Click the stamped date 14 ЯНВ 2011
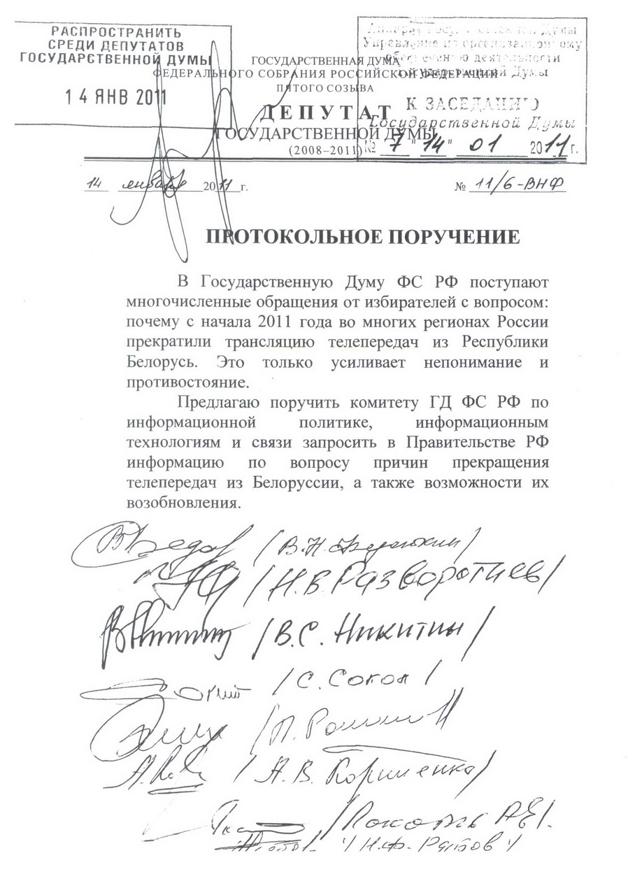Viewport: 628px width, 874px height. click(116, 97)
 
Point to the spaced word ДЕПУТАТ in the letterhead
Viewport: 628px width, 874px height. click(325, 112)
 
